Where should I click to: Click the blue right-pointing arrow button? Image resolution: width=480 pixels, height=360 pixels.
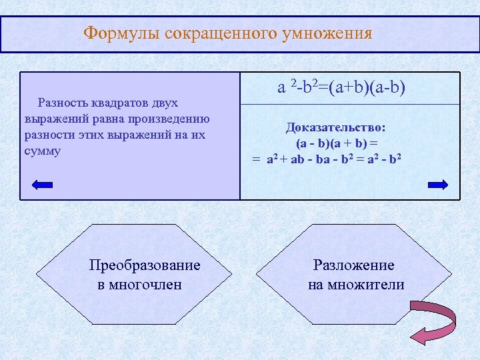click(x=437, y=186)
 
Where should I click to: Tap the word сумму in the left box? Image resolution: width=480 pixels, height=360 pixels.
click(x=42, y=151)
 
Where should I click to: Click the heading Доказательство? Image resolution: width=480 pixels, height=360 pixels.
click(x=336, y=127)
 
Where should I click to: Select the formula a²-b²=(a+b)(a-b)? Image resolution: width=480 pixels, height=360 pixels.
click(x=341, y=87)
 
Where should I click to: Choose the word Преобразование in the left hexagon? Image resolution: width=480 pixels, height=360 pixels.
click(x=145, y=265)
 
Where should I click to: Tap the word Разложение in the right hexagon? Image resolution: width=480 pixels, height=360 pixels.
click(x=354, y=265)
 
